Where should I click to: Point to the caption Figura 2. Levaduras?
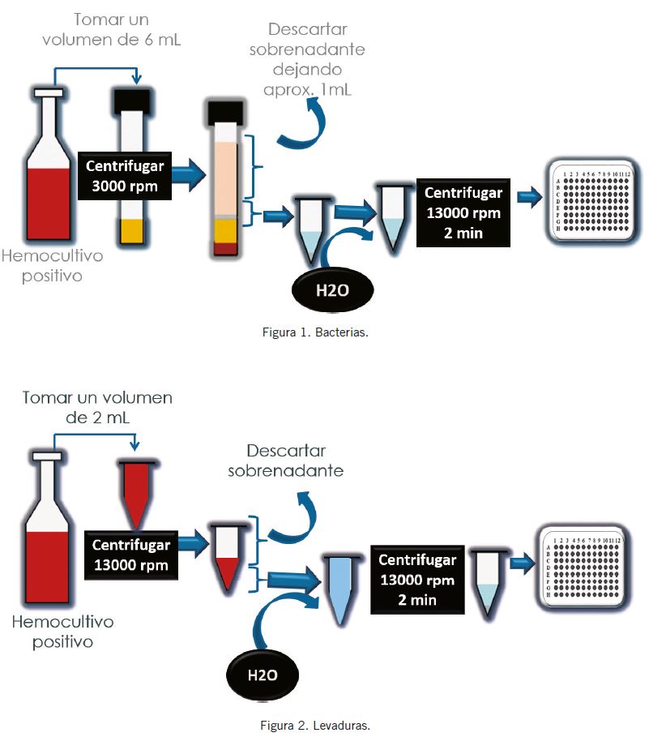pyautogui.click(x=315, y=724)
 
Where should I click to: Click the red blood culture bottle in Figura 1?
pyautogui.click(x=54, y=169)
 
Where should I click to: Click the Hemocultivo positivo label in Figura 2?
pyautogui.click(x=63, y=632)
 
